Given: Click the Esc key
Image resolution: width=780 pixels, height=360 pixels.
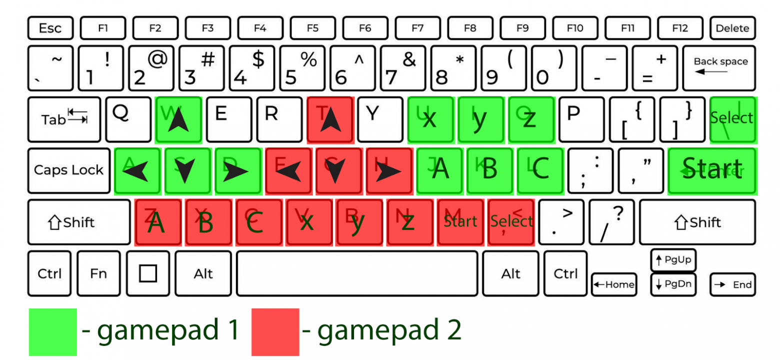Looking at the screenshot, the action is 50,28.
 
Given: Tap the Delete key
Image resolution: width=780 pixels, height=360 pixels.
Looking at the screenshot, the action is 732,28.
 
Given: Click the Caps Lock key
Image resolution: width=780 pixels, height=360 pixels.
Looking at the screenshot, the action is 68,170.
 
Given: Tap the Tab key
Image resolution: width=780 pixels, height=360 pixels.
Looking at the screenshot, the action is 63,119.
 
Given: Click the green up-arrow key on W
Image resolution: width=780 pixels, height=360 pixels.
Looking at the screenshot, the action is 178,119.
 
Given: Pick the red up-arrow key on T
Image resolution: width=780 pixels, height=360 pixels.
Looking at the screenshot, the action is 330,119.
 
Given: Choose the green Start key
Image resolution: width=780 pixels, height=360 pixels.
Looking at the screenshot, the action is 712,170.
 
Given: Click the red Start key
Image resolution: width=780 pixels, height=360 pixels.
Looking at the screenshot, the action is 460,222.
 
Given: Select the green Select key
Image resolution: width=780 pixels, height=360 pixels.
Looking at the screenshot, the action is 732,119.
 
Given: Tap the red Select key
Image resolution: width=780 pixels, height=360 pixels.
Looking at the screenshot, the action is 511,222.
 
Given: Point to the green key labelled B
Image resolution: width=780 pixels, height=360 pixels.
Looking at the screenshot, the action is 490,170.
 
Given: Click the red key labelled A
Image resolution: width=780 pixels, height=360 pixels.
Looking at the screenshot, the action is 157,222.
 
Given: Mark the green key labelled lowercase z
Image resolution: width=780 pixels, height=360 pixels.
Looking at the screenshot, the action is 531,119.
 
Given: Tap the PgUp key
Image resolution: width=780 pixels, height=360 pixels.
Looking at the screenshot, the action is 673,260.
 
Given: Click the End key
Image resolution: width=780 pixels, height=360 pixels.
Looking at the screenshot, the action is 732,284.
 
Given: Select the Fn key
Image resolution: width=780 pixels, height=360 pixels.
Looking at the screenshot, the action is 98,273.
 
